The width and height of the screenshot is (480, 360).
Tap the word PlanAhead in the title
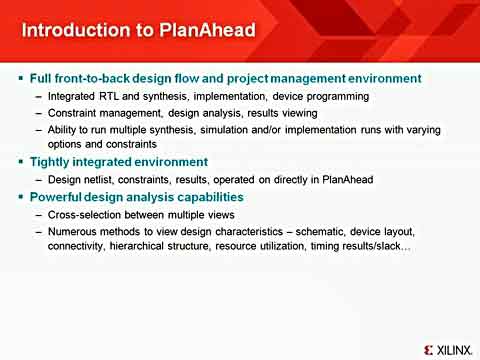coord(200,30)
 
